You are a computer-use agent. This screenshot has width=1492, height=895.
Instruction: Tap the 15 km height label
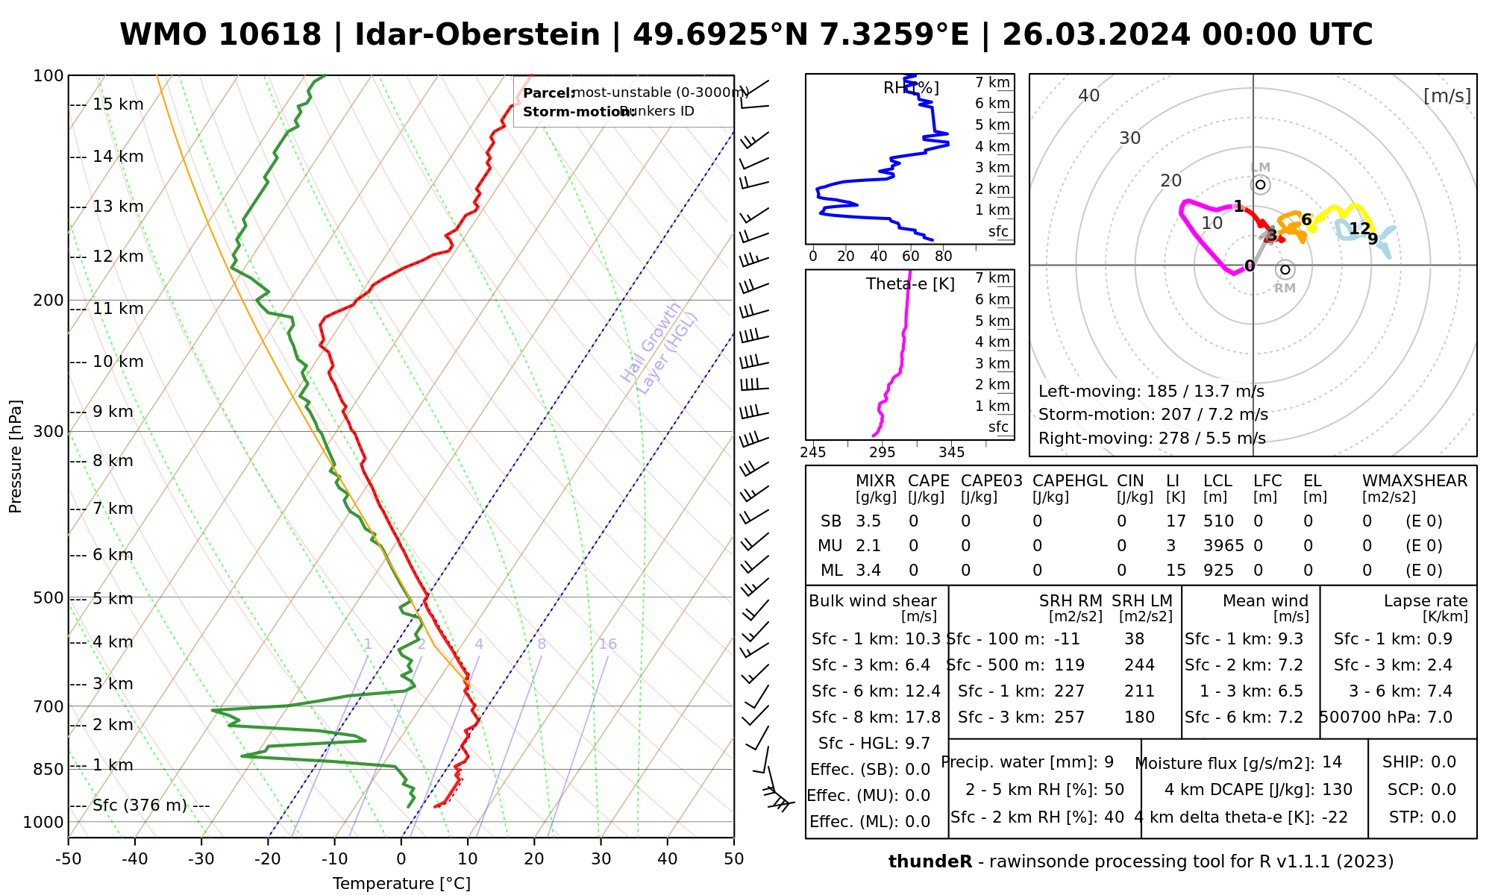(118, 104)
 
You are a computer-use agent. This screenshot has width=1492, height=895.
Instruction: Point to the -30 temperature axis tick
(201, 859)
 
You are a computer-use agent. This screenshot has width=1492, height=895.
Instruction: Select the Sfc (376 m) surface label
(140, 805)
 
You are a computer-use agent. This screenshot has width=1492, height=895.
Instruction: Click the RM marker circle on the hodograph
(1285, 269)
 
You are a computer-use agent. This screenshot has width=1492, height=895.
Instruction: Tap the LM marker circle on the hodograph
(1261, 184)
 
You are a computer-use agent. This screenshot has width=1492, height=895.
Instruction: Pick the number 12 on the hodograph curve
(1360, 228)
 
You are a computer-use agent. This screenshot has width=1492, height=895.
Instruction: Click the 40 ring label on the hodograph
(1089, 95)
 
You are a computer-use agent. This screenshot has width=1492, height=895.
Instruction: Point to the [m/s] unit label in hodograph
(1447, 95)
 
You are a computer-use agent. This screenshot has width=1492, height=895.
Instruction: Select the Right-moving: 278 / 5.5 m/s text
(1152, 439)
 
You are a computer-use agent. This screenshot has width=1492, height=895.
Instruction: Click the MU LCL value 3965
(1223, 546)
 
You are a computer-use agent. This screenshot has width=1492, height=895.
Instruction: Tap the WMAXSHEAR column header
(1414, 481)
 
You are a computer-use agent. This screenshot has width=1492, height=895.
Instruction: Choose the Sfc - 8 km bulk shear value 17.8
(923, 717)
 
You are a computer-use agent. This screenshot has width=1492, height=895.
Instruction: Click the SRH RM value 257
(1069, 717)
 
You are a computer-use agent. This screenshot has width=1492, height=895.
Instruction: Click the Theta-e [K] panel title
(910, 284)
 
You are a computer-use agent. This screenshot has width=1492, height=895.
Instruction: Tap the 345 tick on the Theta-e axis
(951, 453)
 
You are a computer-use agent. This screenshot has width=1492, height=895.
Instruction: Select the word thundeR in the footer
(930, 862)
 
